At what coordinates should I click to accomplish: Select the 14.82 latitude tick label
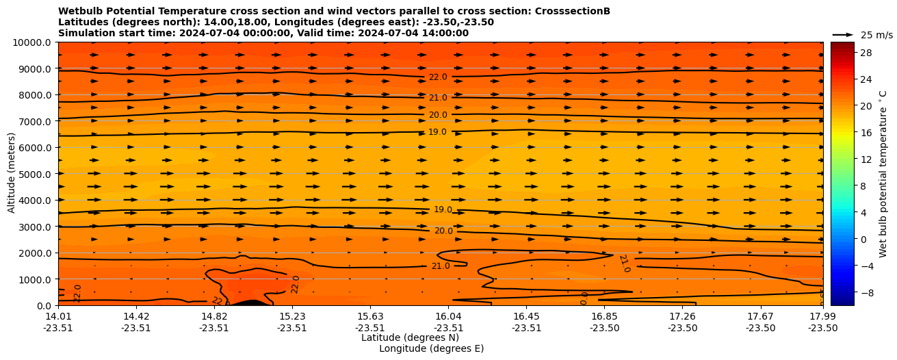[214, 316]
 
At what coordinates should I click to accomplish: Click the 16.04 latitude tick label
[447, 316]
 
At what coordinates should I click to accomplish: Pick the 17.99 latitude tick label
[822, 316]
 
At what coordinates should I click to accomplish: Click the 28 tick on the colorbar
[866, 53]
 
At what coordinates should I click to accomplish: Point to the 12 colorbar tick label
[866, 159]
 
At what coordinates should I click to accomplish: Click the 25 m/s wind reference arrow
[843, 35]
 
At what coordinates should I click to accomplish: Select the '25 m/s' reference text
[876, 35]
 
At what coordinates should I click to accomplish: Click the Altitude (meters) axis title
[12, 174]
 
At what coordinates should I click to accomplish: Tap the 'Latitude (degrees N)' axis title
[410, 337]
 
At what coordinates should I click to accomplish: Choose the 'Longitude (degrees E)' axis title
[431, 348]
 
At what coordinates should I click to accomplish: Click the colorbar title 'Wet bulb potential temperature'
[883, 174]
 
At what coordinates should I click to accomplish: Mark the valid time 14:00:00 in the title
[445, 34]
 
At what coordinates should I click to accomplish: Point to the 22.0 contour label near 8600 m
[438, 77]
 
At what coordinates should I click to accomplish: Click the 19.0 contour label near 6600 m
[437, 132]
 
